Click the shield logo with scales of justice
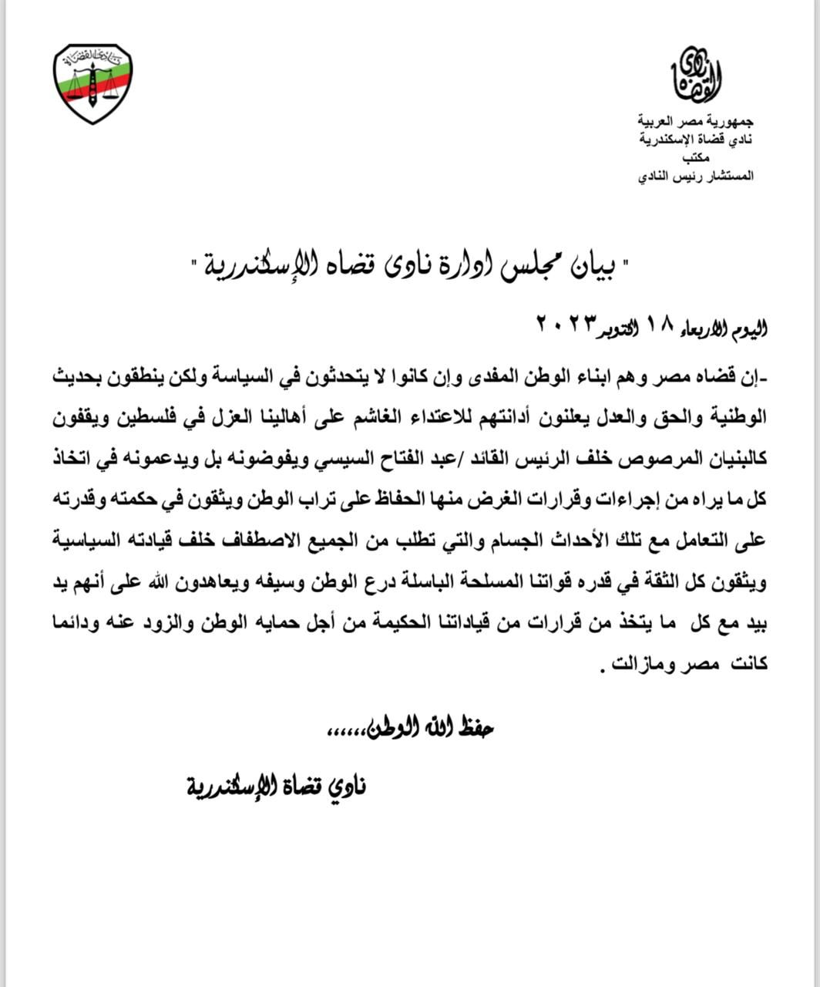click(x=93, y=83)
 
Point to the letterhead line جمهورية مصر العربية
click(x=696, y=121)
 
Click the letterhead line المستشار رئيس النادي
click(x=696, y=177)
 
